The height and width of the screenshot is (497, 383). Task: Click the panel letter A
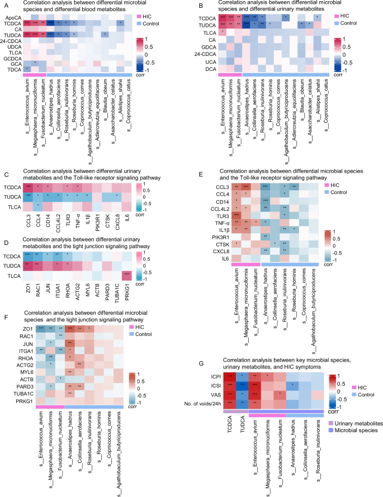click(4, 4)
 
